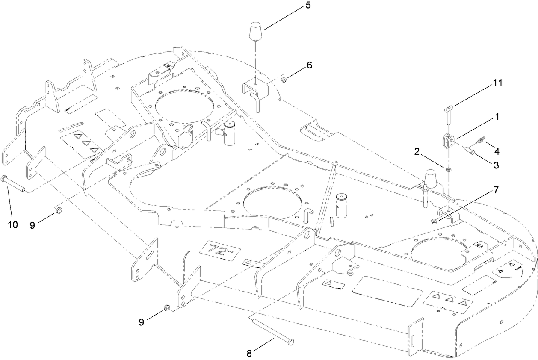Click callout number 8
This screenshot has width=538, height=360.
[x=250, y=354]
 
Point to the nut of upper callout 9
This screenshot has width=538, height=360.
[x=59, y=210]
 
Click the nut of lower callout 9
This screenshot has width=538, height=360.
[x=168, y=308]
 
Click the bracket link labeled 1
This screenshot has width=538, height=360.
[x=447, y=141]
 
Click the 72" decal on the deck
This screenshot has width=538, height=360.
[x=221, y=249]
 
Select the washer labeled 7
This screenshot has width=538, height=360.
[x=433, y=221]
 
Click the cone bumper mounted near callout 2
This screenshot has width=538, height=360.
[x=430, y=179]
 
